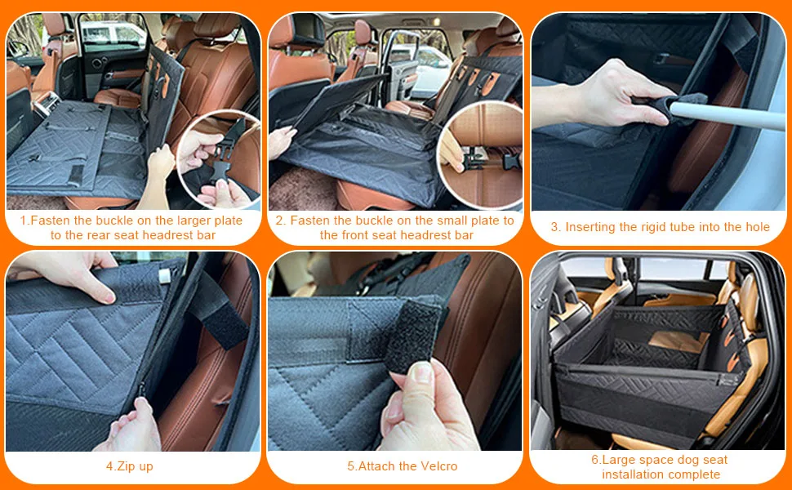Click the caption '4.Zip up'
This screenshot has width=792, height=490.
(x=129, y=466)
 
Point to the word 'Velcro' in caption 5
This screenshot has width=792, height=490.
(x=439, y=465)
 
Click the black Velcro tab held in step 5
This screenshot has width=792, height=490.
(x=412, y=336)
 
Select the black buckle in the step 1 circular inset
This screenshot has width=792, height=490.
(x=220, y=158)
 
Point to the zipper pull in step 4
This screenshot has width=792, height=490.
(x=141, y=390)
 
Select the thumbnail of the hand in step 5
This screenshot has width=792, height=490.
(x=420, y=372)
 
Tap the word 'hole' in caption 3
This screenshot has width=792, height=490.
(x=757, y=227)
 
